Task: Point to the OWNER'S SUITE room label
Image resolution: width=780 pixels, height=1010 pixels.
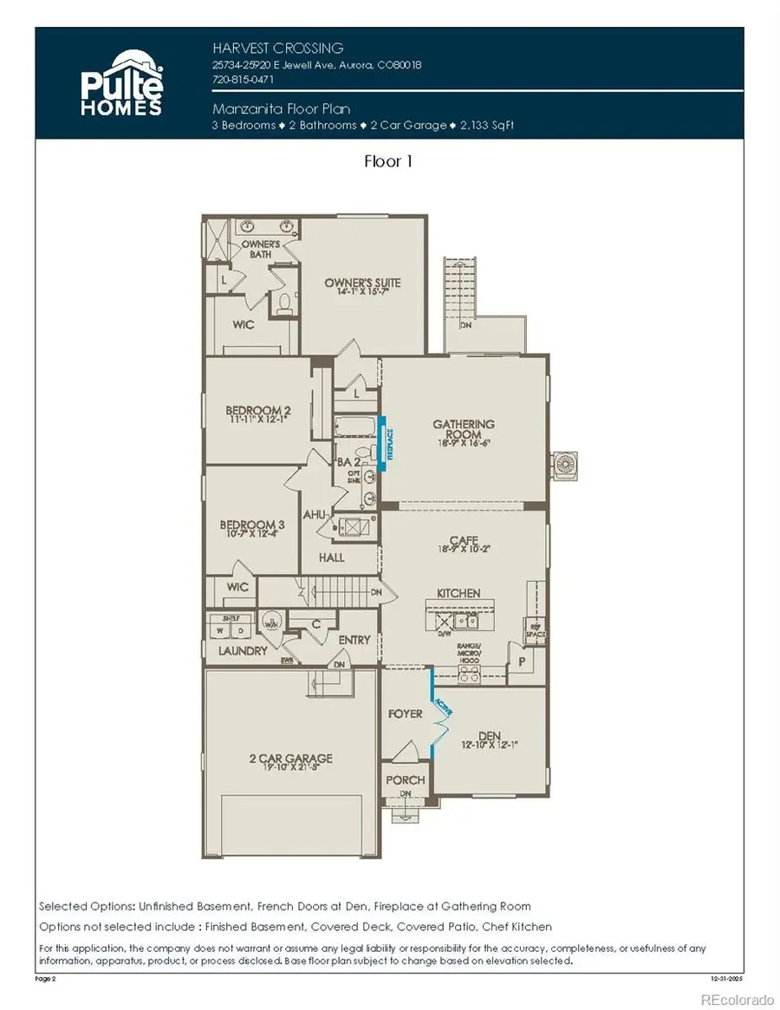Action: pos(362,283)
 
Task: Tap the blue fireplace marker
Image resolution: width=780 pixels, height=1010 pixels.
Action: pos(389,443)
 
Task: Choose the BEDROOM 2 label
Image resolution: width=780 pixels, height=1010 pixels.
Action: pos(257,410)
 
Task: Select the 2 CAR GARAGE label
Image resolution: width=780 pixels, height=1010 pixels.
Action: pos(291,759)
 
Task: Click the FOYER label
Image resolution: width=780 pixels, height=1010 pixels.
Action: pos(406,714)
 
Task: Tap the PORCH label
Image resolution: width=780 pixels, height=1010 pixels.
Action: pos(405,779)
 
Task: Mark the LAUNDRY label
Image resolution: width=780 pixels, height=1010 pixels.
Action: pos(243,650)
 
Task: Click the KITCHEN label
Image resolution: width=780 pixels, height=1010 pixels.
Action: pos(458,593)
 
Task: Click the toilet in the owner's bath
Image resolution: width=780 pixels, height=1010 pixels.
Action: pos(283,303)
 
